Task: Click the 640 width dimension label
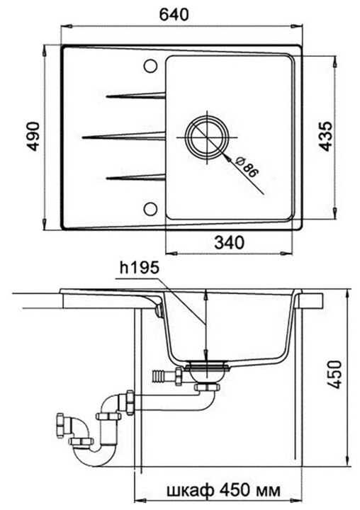(x=174, y=14)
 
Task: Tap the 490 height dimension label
(x=33, y=137)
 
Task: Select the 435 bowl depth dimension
(x=325, y=137)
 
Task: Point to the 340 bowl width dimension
(x=229, y=242)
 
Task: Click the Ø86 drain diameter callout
(x=247, y=167)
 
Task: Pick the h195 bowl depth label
(x=139, y=268)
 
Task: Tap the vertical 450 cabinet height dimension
(x=335, y=375)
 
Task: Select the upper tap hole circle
(x=150, y=66)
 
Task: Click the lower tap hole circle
(x=150, y=209)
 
